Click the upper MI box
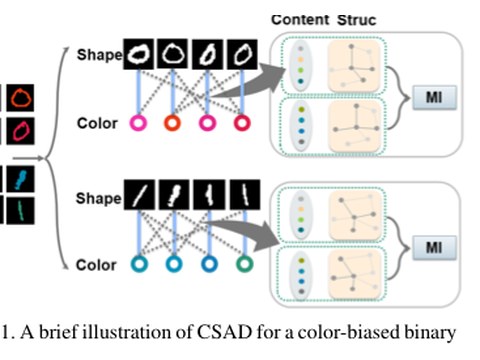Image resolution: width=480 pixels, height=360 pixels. coord(434,97)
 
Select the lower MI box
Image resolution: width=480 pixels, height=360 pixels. coord(434,247)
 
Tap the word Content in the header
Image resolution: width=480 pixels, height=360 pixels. coord(300,20)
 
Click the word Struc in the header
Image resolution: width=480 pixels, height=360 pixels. coord(356,20)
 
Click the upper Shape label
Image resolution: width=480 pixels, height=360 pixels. coord(99,55)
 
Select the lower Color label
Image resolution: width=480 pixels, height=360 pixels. coord(96,265)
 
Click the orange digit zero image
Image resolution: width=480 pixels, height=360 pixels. coord(20,98)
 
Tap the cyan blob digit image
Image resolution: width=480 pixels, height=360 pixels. coord(20,179)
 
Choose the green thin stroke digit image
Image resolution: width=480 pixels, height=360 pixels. coord(20,211)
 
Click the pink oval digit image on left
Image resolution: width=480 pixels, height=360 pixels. coord(20,131)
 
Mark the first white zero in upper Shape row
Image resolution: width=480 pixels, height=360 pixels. coord(139,54)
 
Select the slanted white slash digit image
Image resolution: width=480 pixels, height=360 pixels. coord(139,195)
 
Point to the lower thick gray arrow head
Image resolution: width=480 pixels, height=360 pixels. coord(268,237)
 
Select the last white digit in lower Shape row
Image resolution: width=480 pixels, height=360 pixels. coord(245,195)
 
